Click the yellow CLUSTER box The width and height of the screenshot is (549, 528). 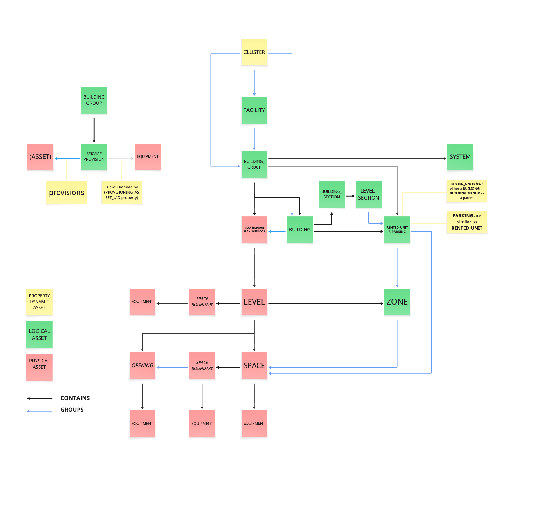coord(254,52)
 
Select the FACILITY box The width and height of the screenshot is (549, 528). coord(254,110)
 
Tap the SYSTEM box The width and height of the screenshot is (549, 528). coord(460,157)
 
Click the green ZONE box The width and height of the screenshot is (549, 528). coord(397,302)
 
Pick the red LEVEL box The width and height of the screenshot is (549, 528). coord(254,302)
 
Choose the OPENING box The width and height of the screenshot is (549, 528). coord(142,365)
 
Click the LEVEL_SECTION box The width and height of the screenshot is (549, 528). coord(368,194)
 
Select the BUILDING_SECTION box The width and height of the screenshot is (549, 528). coord(331,194)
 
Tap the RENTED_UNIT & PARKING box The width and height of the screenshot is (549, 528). coord(397,230)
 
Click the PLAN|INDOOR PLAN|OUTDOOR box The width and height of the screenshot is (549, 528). coord(254,230)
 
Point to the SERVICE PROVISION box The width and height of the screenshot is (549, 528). coord(94,157)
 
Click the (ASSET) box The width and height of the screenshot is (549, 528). coord(40,157)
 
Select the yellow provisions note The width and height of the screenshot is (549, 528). coord(67,193)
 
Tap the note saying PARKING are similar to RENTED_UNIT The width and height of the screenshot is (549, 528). coord(467,222)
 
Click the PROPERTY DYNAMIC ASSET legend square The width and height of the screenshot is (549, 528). coord(39,302)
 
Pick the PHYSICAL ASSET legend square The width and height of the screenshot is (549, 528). coord(39,367)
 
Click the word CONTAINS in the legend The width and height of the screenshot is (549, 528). coord(75,398)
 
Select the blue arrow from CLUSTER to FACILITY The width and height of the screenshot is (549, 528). coord(254,83)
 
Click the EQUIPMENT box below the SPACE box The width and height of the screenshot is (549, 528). coord(254,423)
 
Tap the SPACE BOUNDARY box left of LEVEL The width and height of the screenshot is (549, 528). coord(202,302)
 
